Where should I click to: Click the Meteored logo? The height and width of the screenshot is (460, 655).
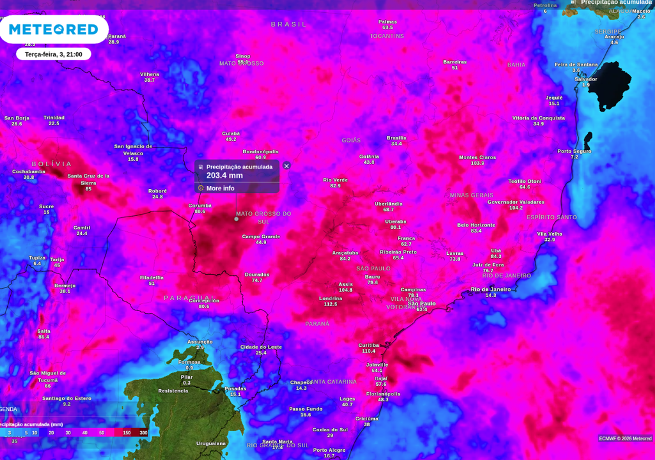coord(54,29)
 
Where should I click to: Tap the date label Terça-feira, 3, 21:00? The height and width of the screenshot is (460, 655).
coord(54,54)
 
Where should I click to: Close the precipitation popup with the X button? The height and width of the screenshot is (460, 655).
coord(287,166)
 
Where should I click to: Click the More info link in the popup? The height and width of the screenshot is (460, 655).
coord(220,188)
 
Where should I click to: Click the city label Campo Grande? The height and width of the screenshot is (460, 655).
coord(261,236)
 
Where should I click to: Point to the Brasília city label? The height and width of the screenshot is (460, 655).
coord(397,138)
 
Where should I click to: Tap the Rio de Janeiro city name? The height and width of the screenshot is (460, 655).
coord(491,289)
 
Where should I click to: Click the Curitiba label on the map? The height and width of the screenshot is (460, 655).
coord(368,345)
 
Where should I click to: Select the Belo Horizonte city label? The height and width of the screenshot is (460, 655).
coord(476,225)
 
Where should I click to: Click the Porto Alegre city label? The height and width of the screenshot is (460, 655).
coord(329,450)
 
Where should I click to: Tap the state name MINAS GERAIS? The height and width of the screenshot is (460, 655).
coord(471,195)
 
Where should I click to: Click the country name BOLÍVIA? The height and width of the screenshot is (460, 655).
coord(51,164)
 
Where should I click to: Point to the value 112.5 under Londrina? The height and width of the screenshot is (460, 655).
coord(330,304)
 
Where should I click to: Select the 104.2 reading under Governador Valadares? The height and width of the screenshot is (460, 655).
coord(516,208)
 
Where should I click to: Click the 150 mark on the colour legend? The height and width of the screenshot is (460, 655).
coord(127,433)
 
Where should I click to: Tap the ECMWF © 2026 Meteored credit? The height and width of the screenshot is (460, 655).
coord(625,438)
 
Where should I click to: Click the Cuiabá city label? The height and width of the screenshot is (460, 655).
coord(231,133)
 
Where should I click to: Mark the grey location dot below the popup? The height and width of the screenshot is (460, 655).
coord(236,218)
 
